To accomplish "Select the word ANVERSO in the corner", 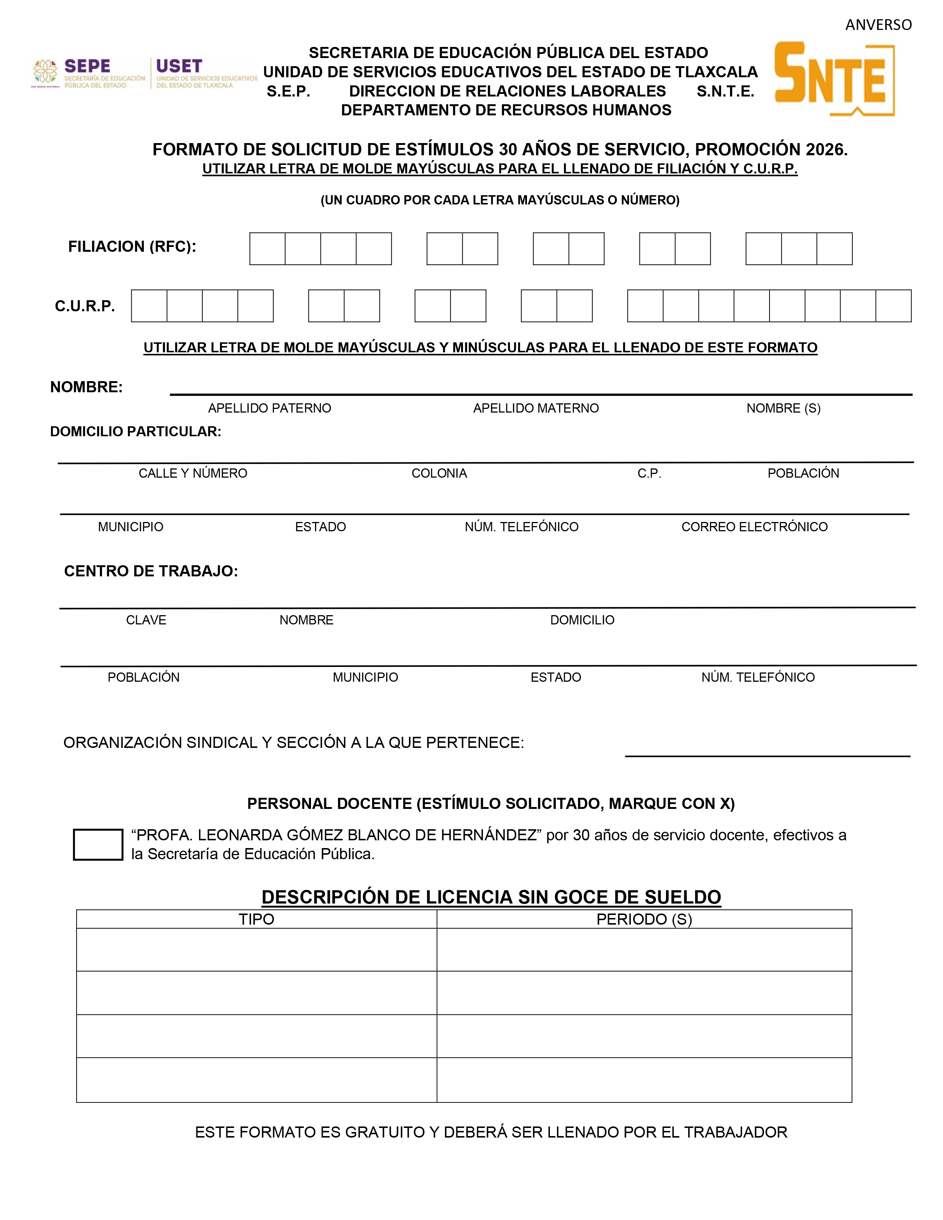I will click(878, 25).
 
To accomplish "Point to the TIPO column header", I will click(256, 919).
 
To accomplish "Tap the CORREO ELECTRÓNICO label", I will click(754, 527).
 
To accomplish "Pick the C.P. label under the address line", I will click(649, 473).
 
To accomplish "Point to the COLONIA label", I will click(439, 473).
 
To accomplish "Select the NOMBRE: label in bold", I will click(86, 387).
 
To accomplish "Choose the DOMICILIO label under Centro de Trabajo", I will click(582, 620).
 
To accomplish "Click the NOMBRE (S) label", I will click(783, 409).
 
